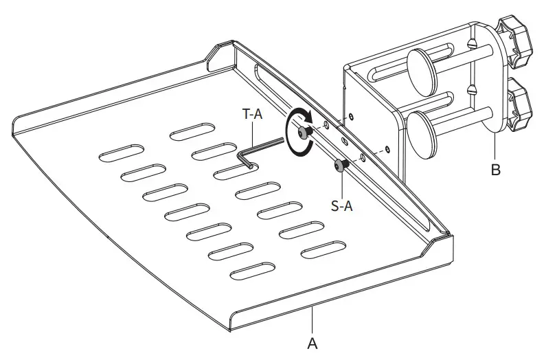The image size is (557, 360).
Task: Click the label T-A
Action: point(252,117)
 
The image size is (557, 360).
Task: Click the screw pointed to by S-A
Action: point(341,166)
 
